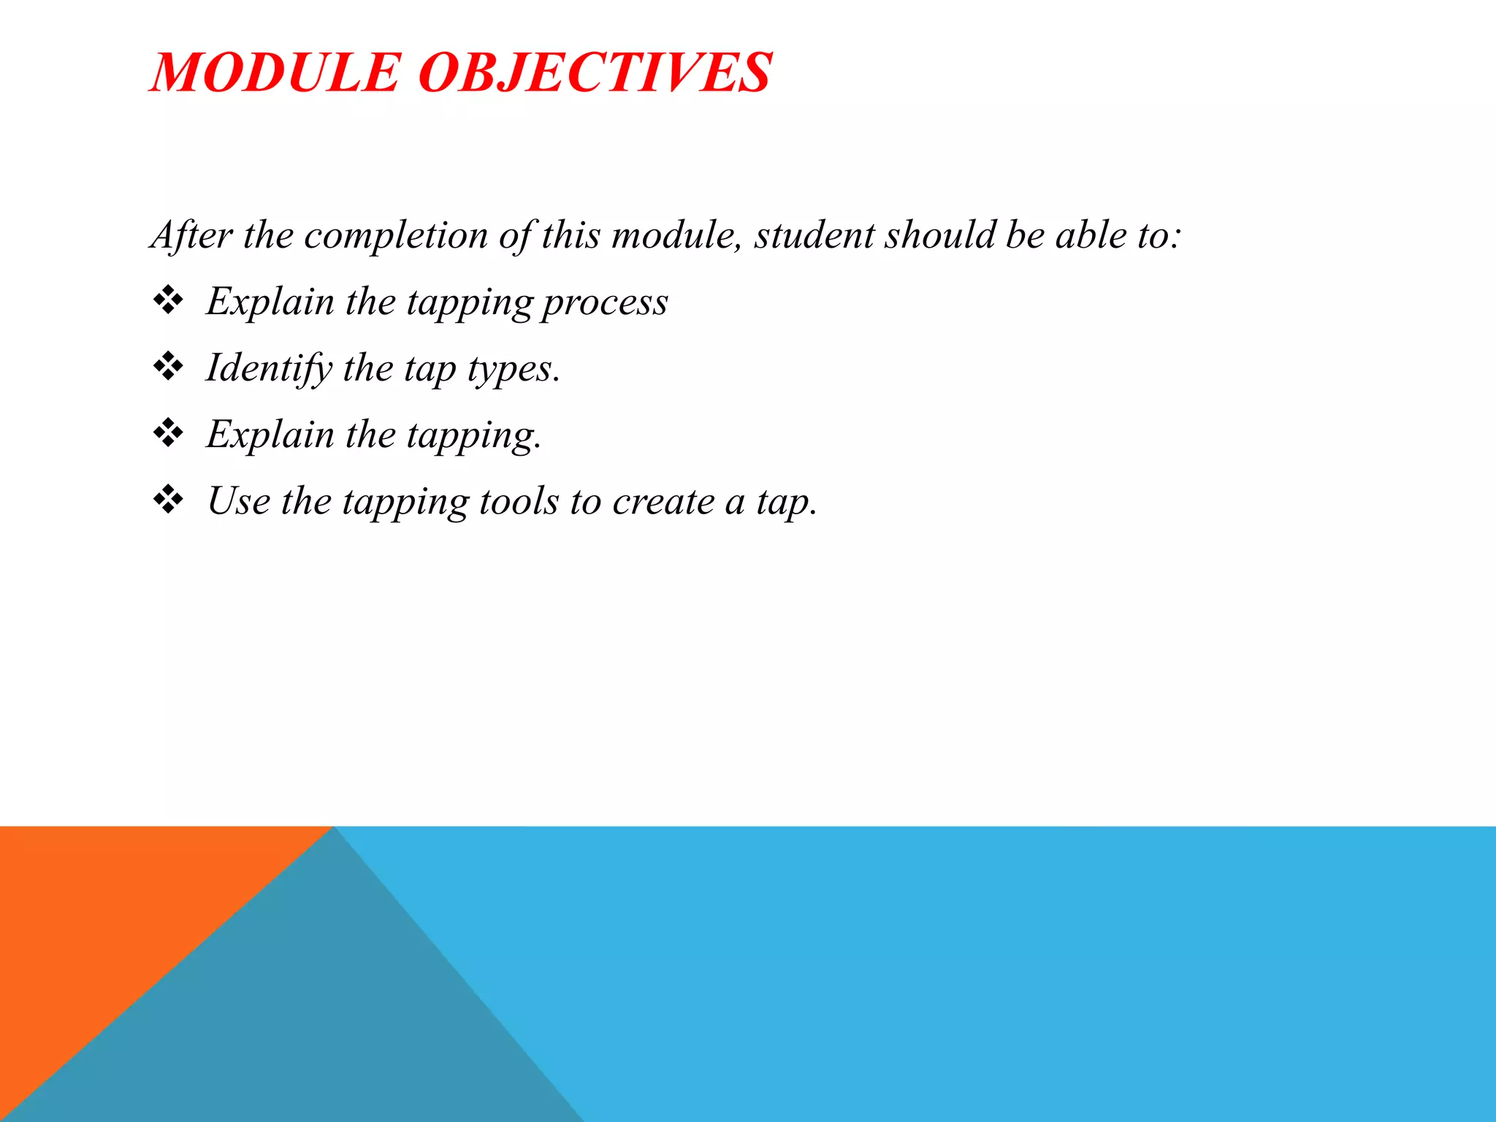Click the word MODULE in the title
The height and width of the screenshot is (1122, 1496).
[x=275, y=73]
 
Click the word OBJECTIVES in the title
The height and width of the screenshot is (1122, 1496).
[x=595, y=73]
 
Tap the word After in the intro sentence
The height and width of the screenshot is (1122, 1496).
[x=192, y=235]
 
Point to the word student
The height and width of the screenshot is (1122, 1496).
[x=814, y=235]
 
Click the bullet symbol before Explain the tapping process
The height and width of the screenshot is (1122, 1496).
[x=168, y=300]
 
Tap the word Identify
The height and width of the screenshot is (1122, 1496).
[x=269, y=368]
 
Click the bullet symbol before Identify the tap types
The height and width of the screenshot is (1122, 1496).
[x=168, y=367]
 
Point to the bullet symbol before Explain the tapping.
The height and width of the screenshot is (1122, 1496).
[x=168, y=433]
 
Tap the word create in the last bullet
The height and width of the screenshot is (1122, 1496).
[x=663, y=502]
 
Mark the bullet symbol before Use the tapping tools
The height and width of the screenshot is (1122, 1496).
[x=168, y=500]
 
